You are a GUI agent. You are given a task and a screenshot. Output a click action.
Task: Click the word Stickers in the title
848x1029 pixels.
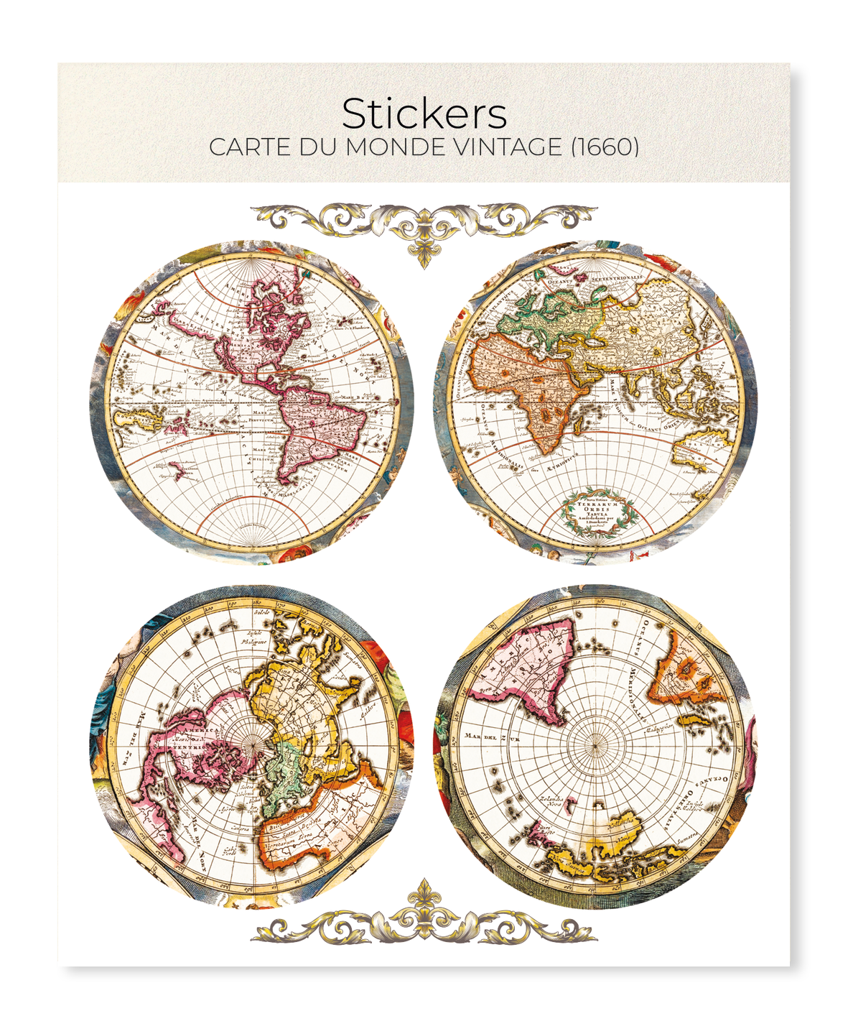[424, 114]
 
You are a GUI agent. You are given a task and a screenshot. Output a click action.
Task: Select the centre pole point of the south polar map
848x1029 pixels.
[595, 745]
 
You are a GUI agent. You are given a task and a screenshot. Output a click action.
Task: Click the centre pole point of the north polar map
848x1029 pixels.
[252, 748]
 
